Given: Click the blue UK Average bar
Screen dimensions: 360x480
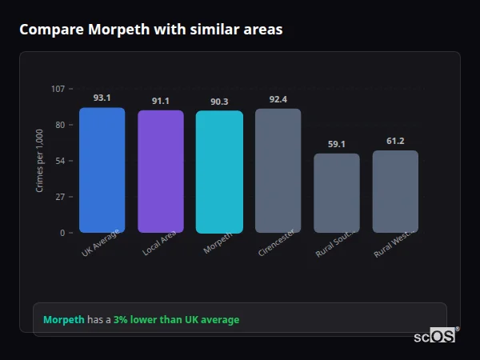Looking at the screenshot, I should [x=102, y=170].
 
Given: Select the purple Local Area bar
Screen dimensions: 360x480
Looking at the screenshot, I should [x=161, y=171].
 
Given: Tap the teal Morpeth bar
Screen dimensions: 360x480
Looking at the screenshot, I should [x=219, y=172].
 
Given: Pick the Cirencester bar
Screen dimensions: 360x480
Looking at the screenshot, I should [x=278, y=170].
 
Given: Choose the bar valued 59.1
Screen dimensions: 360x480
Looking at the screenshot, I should [x=337, y=193].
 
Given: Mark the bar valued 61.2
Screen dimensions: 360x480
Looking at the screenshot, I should [x=395, y=191].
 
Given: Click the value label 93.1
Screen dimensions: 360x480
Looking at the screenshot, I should [x=102, y=98].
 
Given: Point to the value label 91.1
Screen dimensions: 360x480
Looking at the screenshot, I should [x=161, y=101].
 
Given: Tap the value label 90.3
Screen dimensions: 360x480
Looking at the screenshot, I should [x=219, y=102].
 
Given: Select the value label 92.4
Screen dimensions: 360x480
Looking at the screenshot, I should [x=278, y=99].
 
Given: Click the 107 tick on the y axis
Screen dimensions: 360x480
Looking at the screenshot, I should [x=58, y=89].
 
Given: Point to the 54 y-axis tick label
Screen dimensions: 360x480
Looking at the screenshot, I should [x=60, y=161].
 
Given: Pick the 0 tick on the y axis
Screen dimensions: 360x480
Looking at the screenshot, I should [x=62, y=233].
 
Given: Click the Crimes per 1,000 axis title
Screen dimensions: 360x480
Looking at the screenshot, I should [x=40, y=160].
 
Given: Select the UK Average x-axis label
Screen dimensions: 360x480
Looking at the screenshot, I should [x=100, y=242].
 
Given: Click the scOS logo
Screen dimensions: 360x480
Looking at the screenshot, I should [x=435, y=336].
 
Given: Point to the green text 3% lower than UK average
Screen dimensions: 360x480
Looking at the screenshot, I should [x=176, y=320].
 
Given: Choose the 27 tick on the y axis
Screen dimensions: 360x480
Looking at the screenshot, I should [x=60, y=197].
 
